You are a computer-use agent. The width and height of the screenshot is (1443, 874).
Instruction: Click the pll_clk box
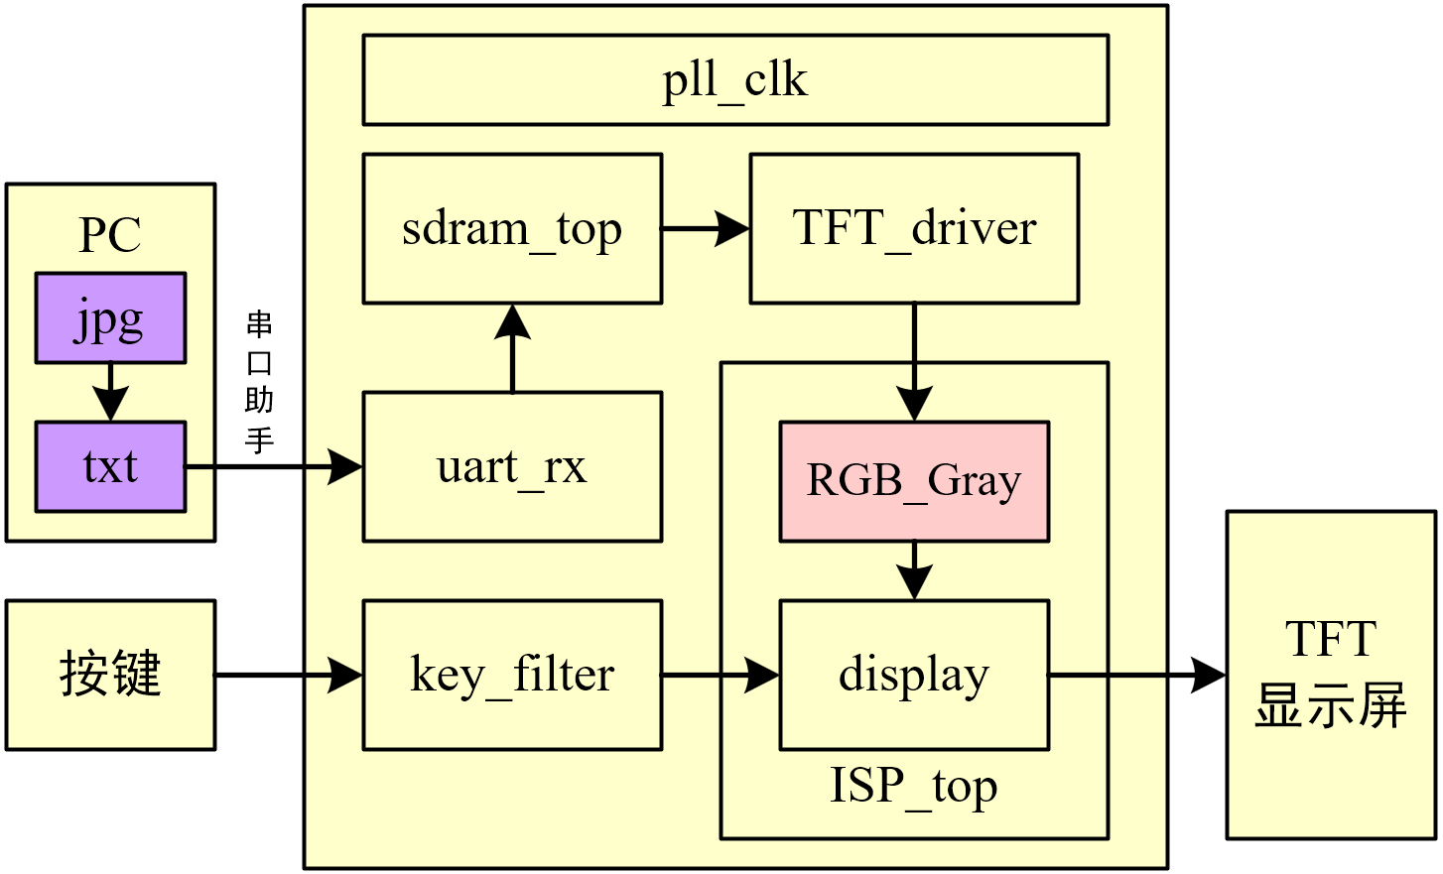(x=734, y=80)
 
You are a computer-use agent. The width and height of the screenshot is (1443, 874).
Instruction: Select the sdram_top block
(x=512, y=228)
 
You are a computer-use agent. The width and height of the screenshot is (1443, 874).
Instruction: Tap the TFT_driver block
(x=913, y=228)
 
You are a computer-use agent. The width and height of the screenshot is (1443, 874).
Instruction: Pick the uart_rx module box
(x=512, y=466)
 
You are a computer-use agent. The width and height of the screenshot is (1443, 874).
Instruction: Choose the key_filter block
(x=512, y=675)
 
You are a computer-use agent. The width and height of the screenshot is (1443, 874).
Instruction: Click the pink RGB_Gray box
(x=913, y=481)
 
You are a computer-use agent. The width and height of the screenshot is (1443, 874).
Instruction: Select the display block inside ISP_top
(x=913, y=675)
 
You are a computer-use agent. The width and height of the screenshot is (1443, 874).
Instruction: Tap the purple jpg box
(x=110, y=317)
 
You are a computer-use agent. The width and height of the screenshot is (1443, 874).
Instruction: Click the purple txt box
(x=110, y=466)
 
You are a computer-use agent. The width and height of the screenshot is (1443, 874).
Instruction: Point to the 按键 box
(x=110, y=675)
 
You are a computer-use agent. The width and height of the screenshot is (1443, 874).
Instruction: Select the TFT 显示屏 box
(x=1330, y=675)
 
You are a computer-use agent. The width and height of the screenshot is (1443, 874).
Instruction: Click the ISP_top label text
(x=913, y=787)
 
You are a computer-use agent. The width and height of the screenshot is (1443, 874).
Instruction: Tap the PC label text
(x=110, y=235)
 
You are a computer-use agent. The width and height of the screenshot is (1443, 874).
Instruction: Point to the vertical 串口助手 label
(x=259, y=382)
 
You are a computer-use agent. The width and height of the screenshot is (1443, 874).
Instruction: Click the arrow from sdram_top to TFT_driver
(x=705, y=228)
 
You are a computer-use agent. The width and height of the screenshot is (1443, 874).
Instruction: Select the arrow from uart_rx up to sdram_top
(x=512, y=348)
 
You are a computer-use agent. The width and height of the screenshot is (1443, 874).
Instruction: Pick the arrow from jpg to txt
(x=110, y=392)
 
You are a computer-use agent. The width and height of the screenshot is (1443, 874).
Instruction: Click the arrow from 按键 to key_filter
(x=288, y=675)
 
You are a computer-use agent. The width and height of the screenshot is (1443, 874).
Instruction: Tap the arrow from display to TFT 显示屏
(x=1136, y=675)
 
